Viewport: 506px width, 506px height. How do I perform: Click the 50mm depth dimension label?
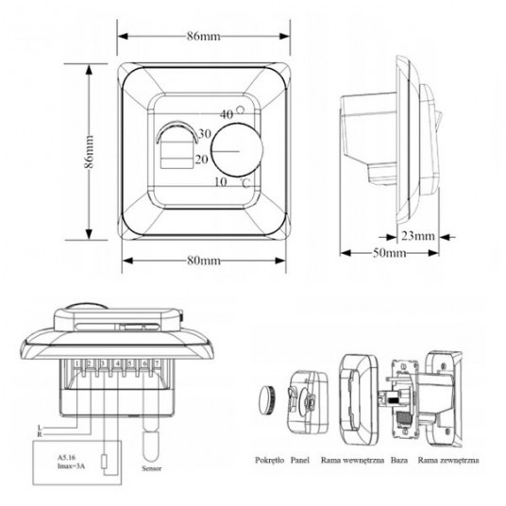coord(387,253)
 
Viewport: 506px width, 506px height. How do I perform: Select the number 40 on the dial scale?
coord(227,114)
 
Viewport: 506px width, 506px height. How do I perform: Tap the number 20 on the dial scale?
coord(200,160)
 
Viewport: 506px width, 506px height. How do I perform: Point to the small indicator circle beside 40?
coord(242,112)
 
